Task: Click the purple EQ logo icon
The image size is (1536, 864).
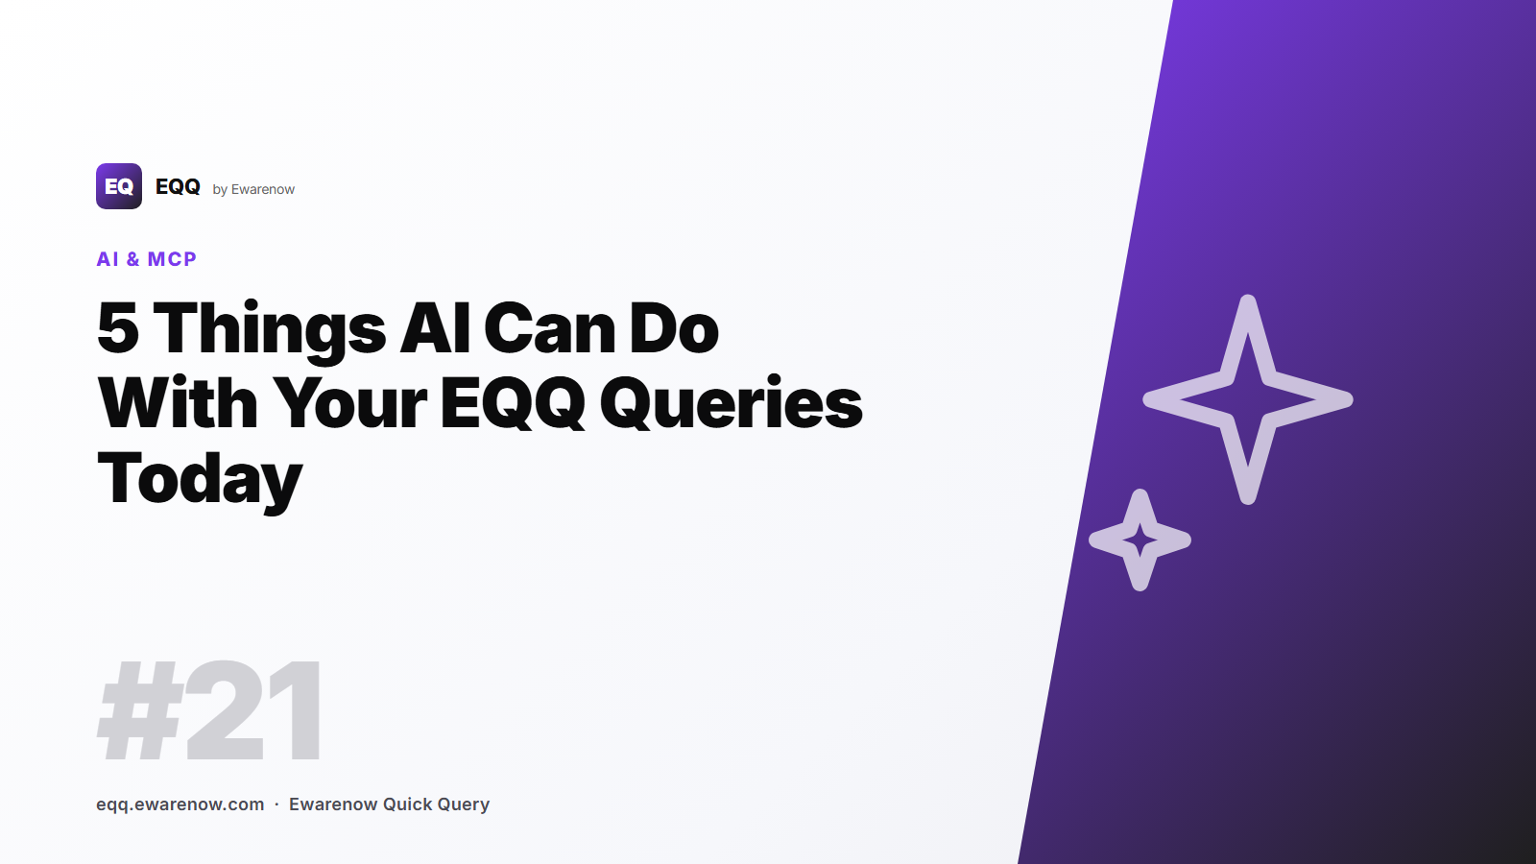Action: [x=119, y=186]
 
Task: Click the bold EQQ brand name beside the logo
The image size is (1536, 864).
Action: [x=178, y=187]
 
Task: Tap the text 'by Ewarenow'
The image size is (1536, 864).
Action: [x=253, y=189]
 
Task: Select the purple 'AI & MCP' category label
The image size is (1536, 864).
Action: [x=147, y=259]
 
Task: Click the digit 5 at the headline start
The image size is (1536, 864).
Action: [x=118, y=329]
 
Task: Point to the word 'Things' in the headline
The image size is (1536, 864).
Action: [x=270, y=329]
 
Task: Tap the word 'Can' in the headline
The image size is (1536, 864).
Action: [x=549, y=329]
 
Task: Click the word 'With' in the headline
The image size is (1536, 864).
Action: [x=178, y=403]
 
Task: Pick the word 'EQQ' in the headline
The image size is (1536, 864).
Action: [x=513, y=403]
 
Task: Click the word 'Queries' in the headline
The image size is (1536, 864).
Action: [x=732, y=403]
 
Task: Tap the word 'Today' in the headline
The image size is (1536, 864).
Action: [x=200, y=478]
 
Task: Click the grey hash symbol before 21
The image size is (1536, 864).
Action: [x=140, y=712]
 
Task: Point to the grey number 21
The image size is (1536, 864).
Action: [x=255, y=712]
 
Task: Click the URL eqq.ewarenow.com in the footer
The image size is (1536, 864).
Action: [x=180, y=804]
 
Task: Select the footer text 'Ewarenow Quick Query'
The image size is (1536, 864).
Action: [x=389, y=804]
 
